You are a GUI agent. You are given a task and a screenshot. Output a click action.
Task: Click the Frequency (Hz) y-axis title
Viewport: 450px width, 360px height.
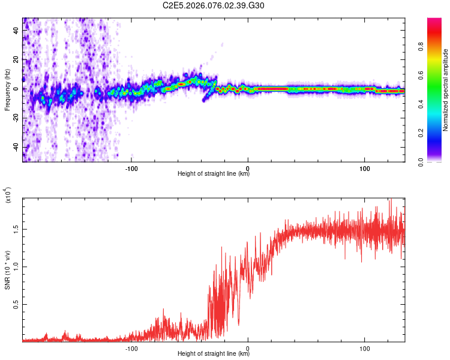(x=7, y=89)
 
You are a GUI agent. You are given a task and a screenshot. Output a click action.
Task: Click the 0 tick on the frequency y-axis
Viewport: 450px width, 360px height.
(x=17, y=89)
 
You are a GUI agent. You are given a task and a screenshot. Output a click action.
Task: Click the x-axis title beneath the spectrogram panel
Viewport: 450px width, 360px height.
(x=214, y=174)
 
